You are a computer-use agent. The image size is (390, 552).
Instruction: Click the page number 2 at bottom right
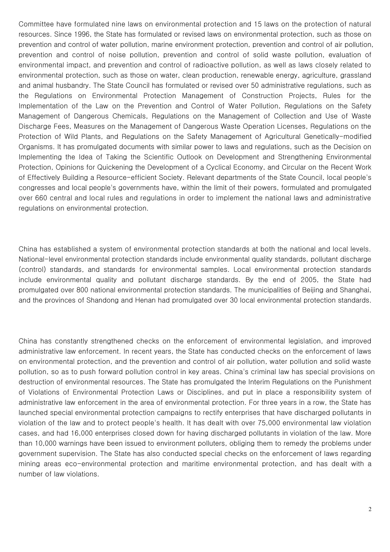[369, 510]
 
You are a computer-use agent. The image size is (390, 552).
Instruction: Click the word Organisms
[35, 147]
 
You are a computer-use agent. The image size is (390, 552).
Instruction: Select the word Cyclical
[245, 168]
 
